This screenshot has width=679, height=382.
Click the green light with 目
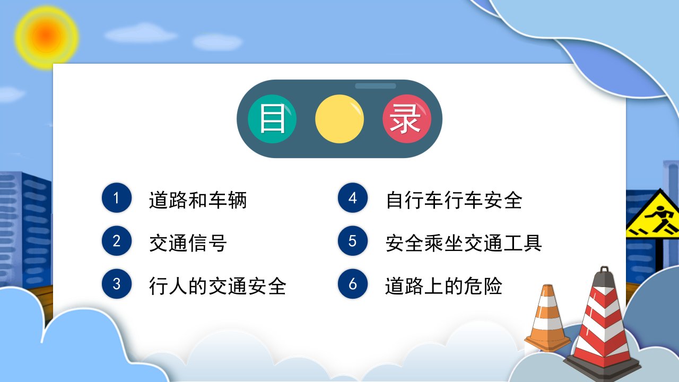pyautogui.click(x=272, y=119)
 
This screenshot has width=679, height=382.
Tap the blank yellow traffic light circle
pyautogui.click(x=339, y=119)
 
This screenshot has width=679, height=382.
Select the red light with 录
pyautogui.click(x=407, y=119)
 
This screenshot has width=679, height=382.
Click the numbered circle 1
pyautogui.click(x=117, y=198)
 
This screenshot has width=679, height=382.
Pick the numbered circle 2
pyautogui.click(x=117, y=241)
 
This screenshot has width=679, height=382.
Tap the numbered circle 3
pyautogui.click(x=117, y=284)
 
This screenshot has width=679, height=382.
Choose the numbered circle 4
pyautogui.click(x=353, y=198)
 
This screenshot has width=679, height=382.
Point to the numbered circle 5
pyautogui.click(x=353, y=241)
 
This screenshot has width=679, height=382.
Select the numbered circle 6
pyautogui.click(x=353, y=284)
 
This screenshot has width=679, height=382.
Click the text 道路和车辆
pyautogui.click(x=198, y=200)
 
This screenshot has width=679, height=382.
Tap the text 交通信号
pyautogui.click(x=188, y=243)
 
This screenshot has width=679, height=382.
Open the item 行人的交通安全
pyautogui.click(x=217, y=286)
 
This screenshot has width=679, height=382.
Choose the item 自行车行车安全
pyautogui.click(x=454, y=200)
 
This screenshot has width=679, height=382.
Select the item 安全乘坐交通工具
pyautogui.click(x=464, y=243)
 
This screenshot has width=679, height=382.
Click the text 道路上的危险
pyautogui.click(x=443, y=286)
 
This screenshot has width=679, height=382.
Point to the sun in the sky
pyautogui.click(x=46, y=37)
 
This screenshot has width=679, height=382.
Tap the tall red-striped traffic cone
pyautogui.click(x=603, y=327)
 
